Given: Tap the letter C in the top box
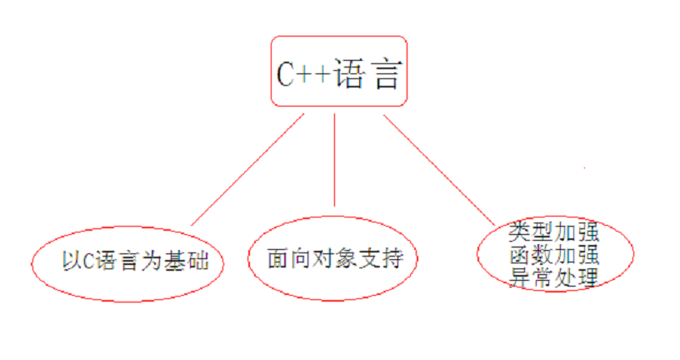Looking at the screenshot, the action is (x=286, y=74).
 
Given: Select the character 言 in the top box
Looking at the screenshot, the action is (x=386, y=74).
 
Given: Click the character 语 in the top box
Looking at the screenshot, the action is (x=349, y=74).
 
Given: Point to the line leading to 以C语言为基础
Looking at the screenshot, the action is (x=247, y=170).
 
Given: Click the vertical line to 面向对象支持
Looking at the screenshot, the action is (x=334, y=160).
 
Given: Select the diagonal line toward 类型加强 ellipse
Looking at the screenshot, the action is (x=439, y=171).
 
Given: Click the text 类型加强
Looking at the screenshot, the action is (x=553, y=232).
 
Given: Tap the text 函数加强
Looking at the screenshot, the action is (x=554, y=255).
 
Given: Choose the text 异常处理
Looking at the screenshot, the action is (x=553, y=277).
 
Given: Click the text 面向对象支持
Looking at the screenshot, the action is (x=335, y=258).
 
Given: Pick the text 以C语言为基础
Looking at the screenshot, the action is (x=135, y=261).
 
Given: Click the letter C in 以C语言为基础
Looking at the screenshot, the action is (x=88, y=261).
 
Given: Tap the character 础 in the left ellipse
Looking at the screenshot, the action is (x=197, y=261).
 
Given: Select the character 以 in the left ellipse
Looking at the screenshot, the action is (x=72, y=261).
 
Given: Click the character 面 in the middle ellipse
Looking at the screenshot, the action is (x=278, y=258).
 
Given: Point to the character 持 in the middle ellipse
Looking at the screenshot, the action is (x=392, y=258).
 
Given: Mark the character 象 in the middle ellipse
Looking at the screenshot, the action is (x=347, y=258).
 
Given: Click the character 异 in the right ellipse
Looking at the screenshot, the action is (x=519, y=277).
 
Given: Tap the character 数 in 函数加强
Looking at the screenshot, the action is (x=542, y=255).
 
